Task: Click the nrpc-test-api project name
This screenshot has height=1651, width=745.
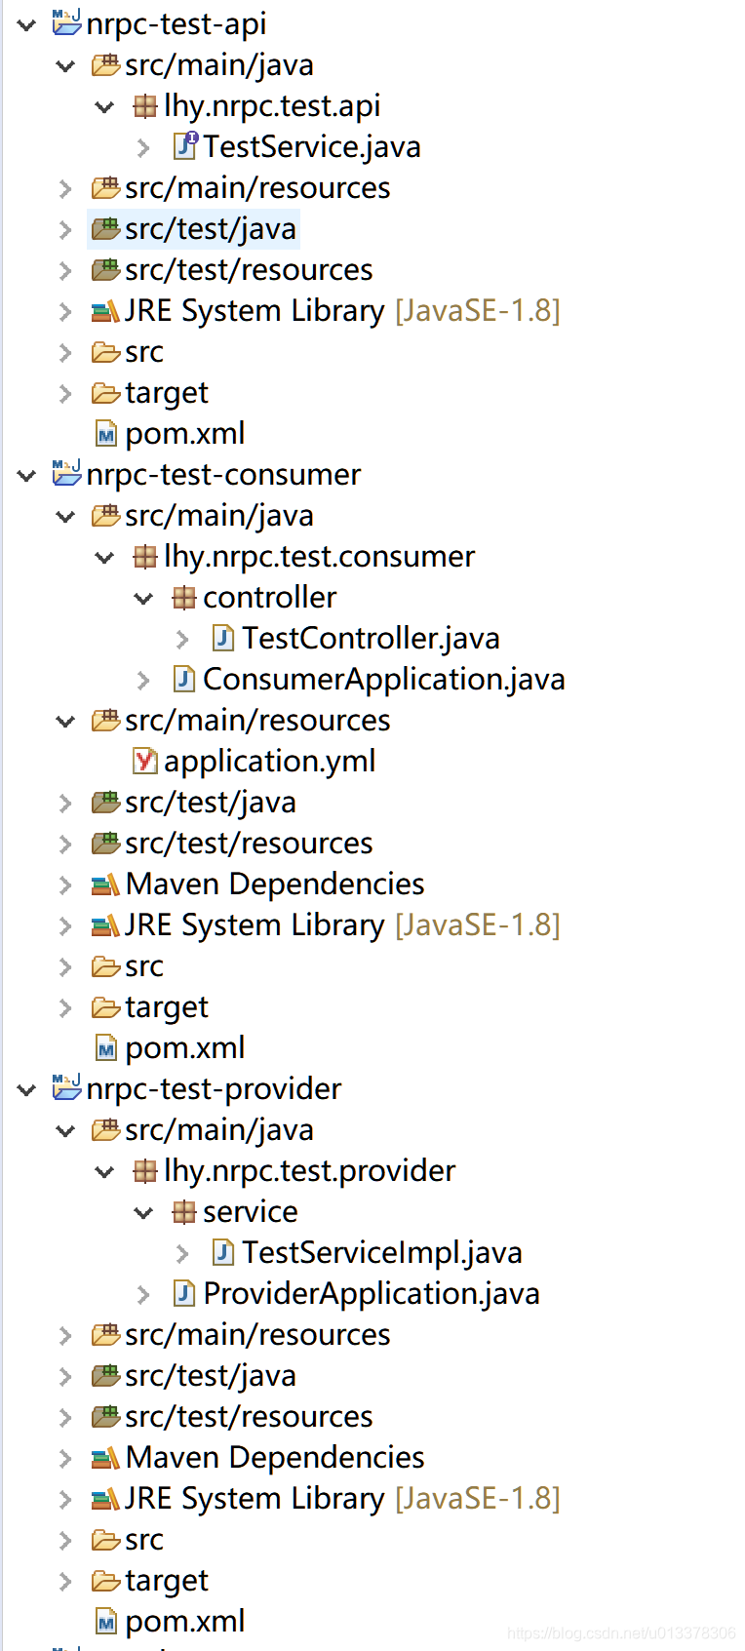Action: click(176, 24)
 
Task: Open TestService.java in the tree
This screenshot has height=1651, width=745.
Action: click(312, 146)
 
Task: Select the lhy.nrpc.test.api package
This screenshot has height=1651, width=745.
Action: click(272, 106)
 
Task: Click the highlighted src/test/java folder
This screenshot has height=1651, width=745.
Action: click(210, 229)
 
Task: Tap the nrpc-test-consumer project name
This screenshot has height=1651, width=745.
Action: click(223, 475)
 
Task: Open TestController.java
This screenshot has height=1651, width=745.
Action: click(371, 639)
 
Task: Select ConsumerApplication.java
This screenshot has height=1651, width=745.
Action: click(384, 680)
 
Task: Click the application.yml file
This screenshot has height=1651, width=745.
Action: click(270, 762)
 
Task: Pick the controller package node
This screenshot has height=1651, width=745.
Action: click(270, 597)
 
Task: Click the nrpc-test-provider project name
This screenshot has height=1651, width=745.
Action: click(214, 1088)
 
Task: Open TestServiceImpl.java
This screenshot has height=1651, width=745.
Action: click(381, 1252)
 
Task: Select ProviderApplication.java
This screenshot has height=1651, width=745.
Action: click(372, 1293)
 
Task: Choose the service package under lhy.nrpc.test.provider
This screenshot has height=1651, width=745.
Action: click(251, 1212)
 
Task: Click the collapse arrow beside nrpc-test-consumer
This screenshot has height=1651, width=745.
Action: click(26, 476)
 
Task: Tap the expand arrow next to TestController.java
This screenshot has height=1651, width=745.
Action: click(182, 639)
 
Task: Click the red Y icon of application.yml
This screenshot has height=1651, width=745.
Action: click(144, 761)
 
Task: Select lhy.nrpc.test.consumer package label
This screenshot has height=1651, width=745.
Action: click(319, 557)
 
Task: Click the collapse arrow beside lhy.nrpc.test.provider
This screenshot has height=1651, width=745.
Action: click(104, 1171)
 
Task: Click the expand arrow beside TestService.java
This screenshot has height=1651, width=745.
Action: click(143, 148)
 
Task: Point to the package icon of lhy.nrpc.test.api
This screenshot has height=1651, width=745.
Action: click(144, 107)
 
